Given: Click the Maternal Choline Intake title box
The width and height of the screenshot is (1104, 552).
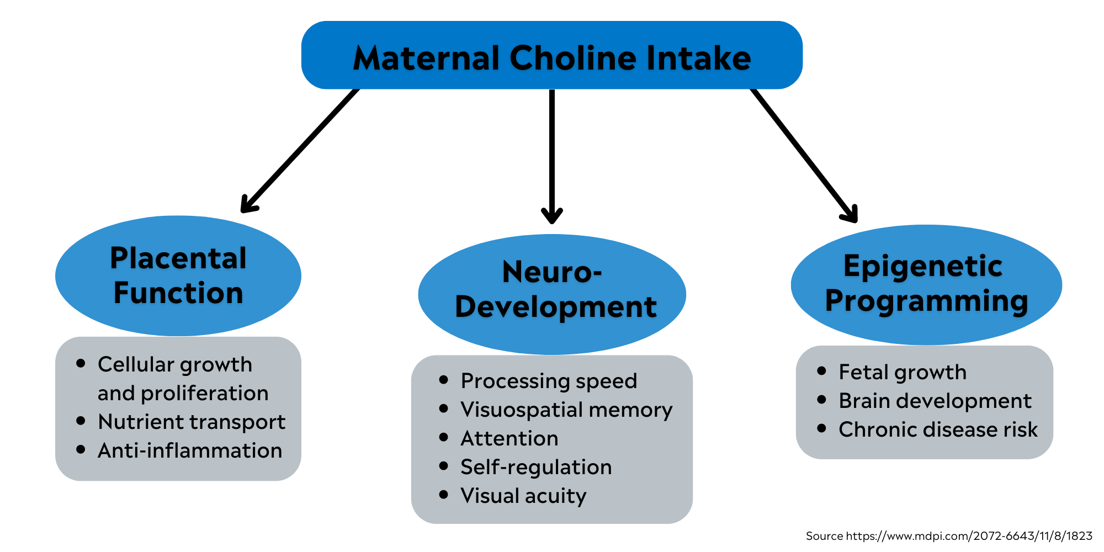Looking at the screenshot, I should [552, 55].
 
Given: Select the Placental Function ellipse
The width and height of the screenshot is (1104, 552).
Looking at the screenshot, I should [178, 276].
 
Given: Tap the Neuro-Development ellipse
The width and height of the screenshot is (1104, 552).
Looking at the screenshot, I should [552, 294].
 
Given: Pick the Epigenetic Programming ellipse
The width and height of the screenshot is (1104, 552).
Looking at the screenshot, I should [926, 284].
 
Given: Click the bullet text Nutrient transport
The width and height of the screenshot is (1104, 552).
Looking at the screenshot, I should [191, 422].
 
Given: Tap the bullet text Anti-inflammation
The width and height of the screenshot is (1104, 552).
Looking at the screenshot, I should [189, 450].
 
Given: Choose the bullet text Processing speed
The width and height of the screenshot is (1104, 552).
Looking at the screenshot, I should [549, 381].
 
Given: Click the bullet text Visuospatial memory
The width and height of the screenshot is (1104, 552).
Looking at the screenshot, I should [566, 410].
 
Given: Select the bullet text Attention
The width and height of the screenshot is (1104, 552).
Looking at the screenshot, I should [509, 438].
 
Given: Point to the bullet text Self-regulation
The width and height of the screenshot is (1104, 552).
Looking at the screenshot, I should [535, 467].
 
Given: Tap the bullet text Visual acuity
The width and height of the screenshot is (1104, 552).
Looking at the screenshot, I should [523, 496].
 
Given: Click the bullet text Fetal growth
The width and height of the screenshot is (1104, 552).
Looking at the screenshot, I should [902, 372].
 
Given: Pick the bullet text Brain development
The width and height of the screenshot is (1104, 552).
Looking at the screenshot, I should [935, 401].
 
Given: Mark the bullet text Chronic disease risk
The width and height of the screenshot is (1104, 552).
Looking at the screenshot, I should [938, 429].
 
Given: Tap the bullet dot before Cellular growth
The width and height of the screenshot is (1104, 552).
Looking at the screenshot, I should [81, 363].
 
